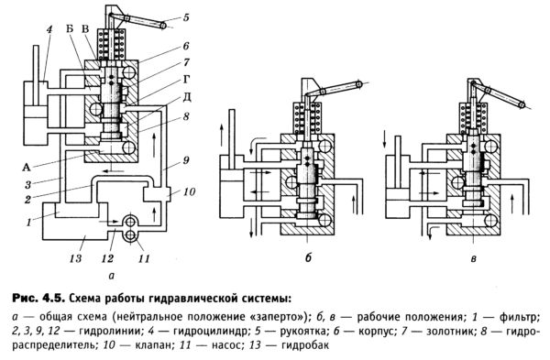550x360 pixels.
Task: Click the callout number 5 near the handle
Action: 185,16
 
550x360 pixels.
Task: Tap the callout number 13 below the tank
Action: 76,258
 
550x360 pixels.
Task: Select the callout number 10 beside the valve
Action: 190,191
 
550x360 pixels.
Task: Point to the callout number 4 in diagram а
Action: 49,29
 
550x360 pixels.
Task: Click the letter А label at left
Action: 27,168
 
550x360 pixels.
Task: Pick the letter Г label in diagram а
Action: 187,80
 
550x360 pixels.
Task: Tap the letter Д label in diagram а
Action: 187,97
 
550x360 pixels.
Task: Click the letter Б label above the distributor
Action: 70,28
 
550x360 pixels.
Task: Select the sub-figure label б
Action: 308,257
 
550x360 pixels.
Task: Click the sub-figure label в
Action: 474,258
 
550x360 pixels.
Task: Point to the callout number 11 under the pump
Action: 144,258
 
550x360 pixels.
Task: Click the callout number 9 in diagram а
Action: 186,160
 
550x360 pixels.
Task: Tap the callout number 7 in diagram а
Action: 186,62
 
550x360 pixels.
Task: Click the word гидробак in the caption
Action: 305,345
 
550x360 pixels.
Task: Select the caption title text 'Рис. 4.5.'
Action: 38,299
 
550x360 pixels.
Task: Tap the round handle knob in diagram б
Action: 358,84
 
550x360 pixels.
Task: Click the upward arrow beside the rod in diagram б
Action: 222,136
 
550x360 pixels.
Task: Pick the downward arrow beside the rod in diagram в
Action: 385,139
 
